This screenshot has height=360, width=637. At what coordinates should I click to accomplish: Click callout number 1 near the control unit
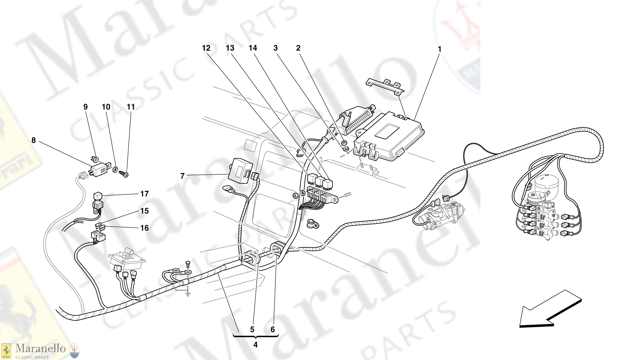439,49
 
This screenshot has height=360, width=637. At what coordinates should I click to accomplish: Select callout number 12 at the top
206,48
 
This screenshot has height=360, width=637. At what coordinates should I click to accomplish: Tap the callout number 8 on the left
33,140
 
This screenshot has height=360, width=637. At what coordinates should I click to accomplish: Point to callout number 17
144,194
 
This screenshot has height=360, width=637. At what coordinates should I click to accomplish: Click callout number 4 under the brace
255,345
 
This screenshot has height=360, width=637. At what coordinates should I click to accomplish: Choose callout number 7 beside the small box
182,176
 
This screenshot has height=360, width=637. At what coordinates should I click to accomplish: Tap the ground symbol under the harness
188,294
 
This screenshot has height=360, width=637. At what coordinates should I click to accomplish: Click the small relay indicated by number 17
98,196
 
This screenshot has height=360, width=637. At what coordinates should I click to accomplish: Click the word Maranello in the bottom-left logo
40,348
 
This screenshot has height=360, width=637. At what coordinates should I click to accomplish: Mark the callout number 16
144,228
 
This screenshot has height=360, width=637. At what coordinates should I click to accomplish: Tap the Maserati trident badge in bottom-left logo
74,350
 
